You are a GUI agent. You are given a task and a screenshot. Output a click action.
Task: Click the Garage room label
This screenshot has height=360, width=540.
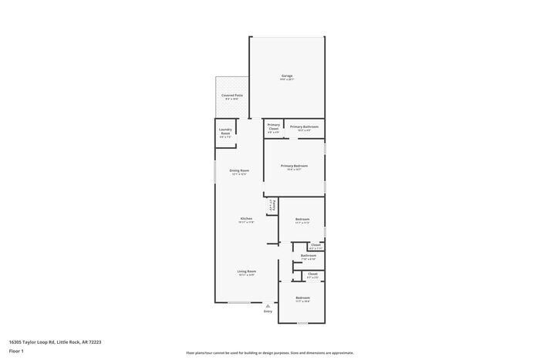[x=286, y=76]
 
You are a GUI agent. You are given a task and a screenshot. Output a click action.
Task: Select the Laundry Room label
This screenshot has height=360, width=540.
[x=225, y=131]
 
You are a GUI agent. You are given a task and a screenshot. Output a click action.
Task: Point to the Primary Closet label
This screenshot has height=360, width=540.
[x=273, y=126]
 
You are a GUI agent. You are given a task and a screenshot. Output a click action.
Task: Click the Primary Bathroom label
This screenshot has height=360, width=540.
[x=304, y=126]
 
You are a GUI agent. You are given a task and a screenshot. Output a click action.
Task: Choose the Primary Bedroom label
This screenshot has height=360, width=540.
[x=294, y=166]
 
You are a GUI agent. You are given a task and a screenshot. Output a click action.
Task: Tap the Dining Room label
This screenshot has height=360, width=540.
[x=239, y=170]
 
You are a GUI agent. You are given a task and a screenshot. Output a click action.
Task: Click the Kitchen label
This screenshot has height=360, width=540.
[x=246, y=219]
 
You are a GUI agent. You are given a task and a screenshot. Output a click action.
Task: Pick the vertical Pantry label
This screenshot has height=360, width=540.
[x=272, y=207]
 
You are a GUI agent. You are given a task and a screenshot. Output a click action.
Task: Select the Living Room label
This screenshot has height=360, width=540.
[x=246, y=271]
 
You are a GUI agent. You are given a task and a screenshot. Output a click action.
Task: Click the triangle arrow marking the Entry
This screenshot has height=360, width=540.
[x=268, y=305]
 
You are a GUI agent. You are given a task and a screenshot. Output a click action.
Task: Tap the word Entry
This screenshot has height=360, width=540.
[x=268, y=311]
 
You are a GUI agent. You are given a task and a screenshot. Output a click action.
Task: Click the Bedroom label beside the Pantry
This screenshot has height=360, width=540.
[x=302, y=220]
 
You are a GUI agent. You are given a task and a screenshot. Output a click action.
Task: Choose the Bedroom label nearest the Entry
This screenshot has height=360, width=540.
[x=302, y=298]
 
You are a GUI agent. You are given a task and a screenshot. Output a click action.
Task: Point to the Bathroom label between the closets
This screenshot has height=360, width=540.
[x=309, y=255]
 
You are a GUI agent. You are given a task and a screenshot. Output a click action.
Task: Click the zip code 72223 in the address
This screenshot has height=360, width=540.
[x=95, y=341]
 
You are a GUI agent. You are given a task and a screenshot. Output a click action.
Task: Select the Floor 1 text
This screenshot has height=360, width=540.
[x=16, y=351]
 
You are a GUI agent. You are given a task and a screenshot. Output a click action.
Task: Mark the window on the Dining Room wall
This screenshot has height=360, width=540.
[x=215, y=170]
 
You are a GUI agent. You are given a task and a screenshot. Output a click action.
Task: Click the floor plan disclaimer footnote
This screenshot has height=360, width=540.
[x=269, y=351]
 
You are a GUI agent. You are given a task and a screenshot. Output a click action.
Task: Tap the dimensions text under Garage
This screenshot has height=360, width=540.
[x=286, y=80]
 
